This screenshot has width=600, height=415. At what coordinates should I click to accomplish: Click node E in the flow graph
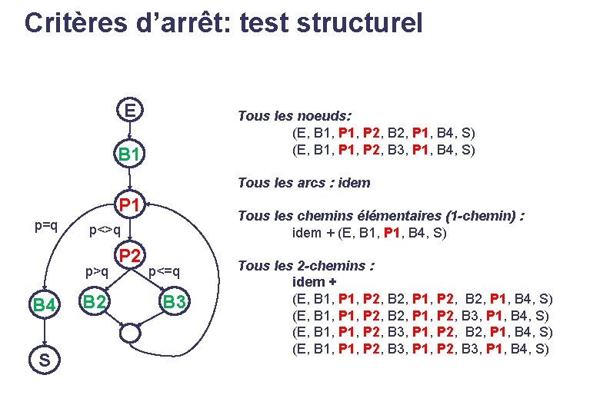click(x=131, y=111)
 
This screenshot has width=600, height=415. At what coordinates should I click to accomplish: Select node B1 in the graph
click(x=130, y=155)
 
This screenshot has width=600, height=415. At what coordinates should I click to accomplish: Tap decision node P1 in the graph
click(x=129, y=204)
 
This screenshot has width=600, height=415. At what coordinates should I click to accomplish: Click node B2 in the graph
click(x=95, y=302)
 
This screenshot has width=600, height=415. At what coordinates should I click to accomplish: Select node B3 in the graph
click(x=174, y=303)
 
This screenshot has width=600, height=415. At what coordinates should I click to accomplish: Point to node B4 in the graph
click(x=45, y=305)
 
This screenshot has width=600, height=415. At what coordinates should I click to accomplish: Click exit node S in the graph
click(x=45, y=359)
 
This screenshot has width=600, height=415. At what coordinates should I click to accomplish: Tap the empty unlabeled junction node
click(x=130, y=334)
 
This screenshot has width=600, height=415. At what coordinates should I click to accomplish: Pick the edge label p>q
click(x=97, y=271)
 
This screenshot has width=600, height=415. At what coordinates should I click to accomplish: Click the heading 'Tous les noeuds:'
click(x=295, y=115)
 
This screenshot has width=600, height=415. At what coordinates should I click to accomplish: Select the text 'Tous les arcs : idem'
click(x=304, y=183)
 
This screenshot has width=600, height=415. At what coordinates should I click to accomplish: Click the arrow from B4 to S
click(x=45, y=332)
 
